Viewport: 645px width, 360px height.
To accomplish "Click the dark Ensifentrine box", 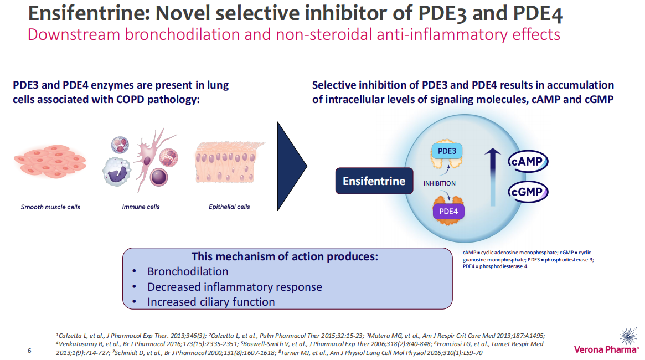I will [x=374, y=181].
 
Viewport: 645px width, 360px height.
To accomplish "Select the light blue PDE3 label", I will [x=447, y=151].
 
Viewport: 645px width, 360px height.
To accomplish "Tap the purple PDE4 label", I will [x=448, y=211].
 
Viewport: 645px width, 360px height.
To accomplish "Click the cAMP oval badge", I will [x=528, y=161].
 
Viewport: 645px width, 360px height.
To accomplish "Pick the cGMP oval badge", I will [x=528, y=192].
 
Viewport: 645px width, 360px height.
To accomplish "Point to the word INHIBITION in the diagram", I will [x=440, y=183].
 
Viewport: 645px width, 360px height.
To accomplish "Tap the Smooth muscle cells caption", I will [x=50, y=207].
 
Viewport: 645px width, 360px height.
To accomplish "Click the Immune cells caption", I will [x=141, y=207].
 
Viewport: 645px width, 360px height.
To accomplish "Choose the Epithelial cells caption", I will [x=229, y=207].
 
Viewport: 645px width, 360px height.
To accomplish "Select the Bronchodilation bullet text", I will [x=188, y=272].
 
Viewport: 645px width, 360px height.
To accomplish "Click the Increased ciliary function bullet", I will [x=211, y=302].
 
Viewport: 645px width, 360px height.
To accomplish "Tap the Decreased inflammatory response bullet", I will [x=234, y=287].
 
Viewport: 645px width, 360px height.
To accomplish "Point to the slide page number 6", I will [x=30, y=351].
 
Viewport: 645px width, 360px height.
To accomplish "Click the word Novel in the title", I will [x=182, y=14].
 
